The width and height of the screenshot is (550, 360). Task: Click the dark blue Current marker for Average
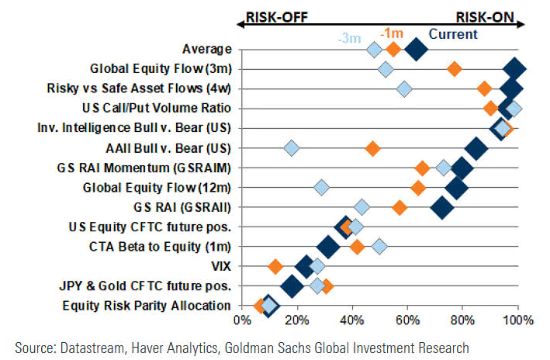pyautogui.click(x=417, y=50)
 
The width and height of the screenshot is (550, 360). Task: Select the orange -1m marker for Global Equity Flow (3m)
pyautogui.click(x=455, y=70)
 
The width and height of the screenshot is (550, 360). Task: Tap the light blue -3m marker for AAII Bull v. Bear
pyautogui.click(x=291, y=148)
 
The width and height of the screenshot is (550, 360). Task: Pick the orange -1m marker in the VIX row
pyautogui.click(x=275, y=267)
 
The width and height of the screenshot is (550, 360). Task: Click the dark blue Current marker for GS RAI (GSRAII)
pyautogui.click(x=442, y=207)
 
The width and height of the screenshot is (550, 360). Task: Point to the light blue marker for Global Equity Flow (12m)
pyautogui.click(x=321, y=187)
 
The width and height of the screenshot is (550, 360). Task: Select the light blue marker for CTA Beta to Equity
pyautogui.click(x=379, y=247)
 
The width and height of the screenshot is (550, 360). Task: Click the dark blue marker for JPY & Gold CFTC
pyautogui.click(x=292, y=286)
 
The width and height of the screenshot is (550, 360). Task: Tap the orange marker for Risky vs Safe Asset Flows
pyautogui.click(x=485, y=88)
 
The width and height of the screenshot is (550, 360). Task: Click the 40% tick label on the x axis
pyautogui.click(x=352, y=319)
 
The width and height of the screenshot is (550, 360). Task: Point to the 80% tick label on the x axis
pyautogui.click(x=463, y=319)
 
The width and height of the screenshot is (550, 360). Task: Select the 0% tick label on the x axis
pyautogui.click(x=244, y=319)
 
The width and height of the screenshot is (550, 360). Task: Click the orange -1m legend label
pyautogui.click(x=391, y=32)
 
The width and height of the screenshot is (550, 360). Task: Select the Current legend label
pyautogui.click(x=453, y=33)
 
